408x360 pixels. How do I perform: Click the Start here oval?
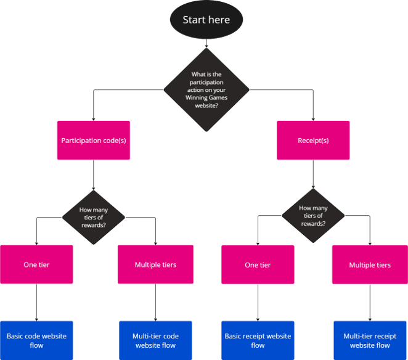point(206,20)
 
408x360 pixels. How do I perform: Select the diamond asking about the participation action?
point(206,89)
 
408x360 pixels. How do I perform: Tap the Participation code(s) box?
point(94,141)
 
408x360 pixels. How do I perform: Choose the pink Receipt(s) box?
point(313,141)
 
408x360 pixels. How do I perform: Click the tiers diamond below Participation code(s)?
point(94,217)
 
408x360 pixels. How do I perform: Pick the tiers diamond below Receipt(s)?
point(313,216)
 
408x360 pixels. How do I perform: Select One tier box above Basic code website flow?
point(36,265)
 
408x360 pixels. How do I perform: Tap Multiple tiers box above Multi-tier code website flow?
point(155,265)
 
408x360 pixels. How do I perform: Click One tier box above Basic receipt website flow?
point(258,265)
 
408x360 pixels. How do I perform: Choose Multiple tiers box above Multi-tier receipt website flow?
point(370,265)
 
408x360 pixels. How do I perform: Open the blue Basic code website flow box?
point(36,340)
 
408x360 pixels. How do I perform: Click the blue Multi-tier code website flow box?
point(155,340)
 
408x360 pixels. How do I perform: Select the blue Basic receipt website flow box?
point(258,340)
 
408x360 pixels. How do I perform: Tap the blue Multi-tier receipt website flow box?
point(370,340)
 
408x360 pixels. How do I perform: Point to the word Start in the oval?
point(194,20)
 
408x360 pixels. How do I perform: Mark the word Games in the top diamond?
point(218,97)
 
